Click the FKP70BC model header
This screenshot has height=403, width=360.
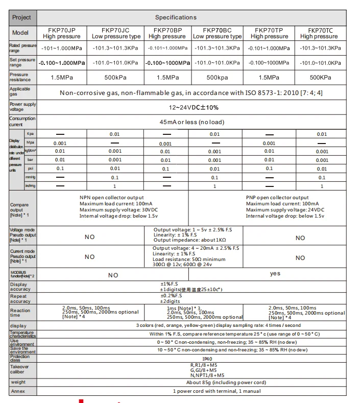point(217,33)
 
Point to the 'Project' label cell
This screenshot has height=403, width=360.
point(21,17)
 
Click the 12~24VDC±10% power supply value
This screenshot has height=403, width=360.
point(194,107)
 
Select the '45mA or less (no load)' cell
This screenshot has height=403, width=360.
point(192,122)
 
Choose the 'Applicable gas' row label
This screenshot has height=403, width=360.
point(20,92)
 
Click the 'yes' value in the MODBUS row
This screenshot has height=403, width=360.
point(275,274)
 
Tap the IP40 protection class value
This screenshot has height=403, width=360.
point(193,359)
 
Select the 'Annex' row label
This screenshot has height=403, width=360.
point(17,391)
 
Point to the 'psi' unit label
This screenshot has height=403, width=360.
point(30,168)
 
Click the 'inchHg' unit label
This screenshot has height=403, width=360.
point(31,186)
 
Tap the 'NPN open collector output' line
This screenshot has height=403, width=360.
point(111,198)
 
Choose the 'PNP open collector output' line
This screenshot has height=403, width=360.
point(277,198)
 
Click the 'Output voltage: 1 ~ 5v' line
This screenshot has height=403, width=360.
point(196,230)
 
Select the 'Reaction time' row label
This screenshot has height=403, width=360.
point(20,313)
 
